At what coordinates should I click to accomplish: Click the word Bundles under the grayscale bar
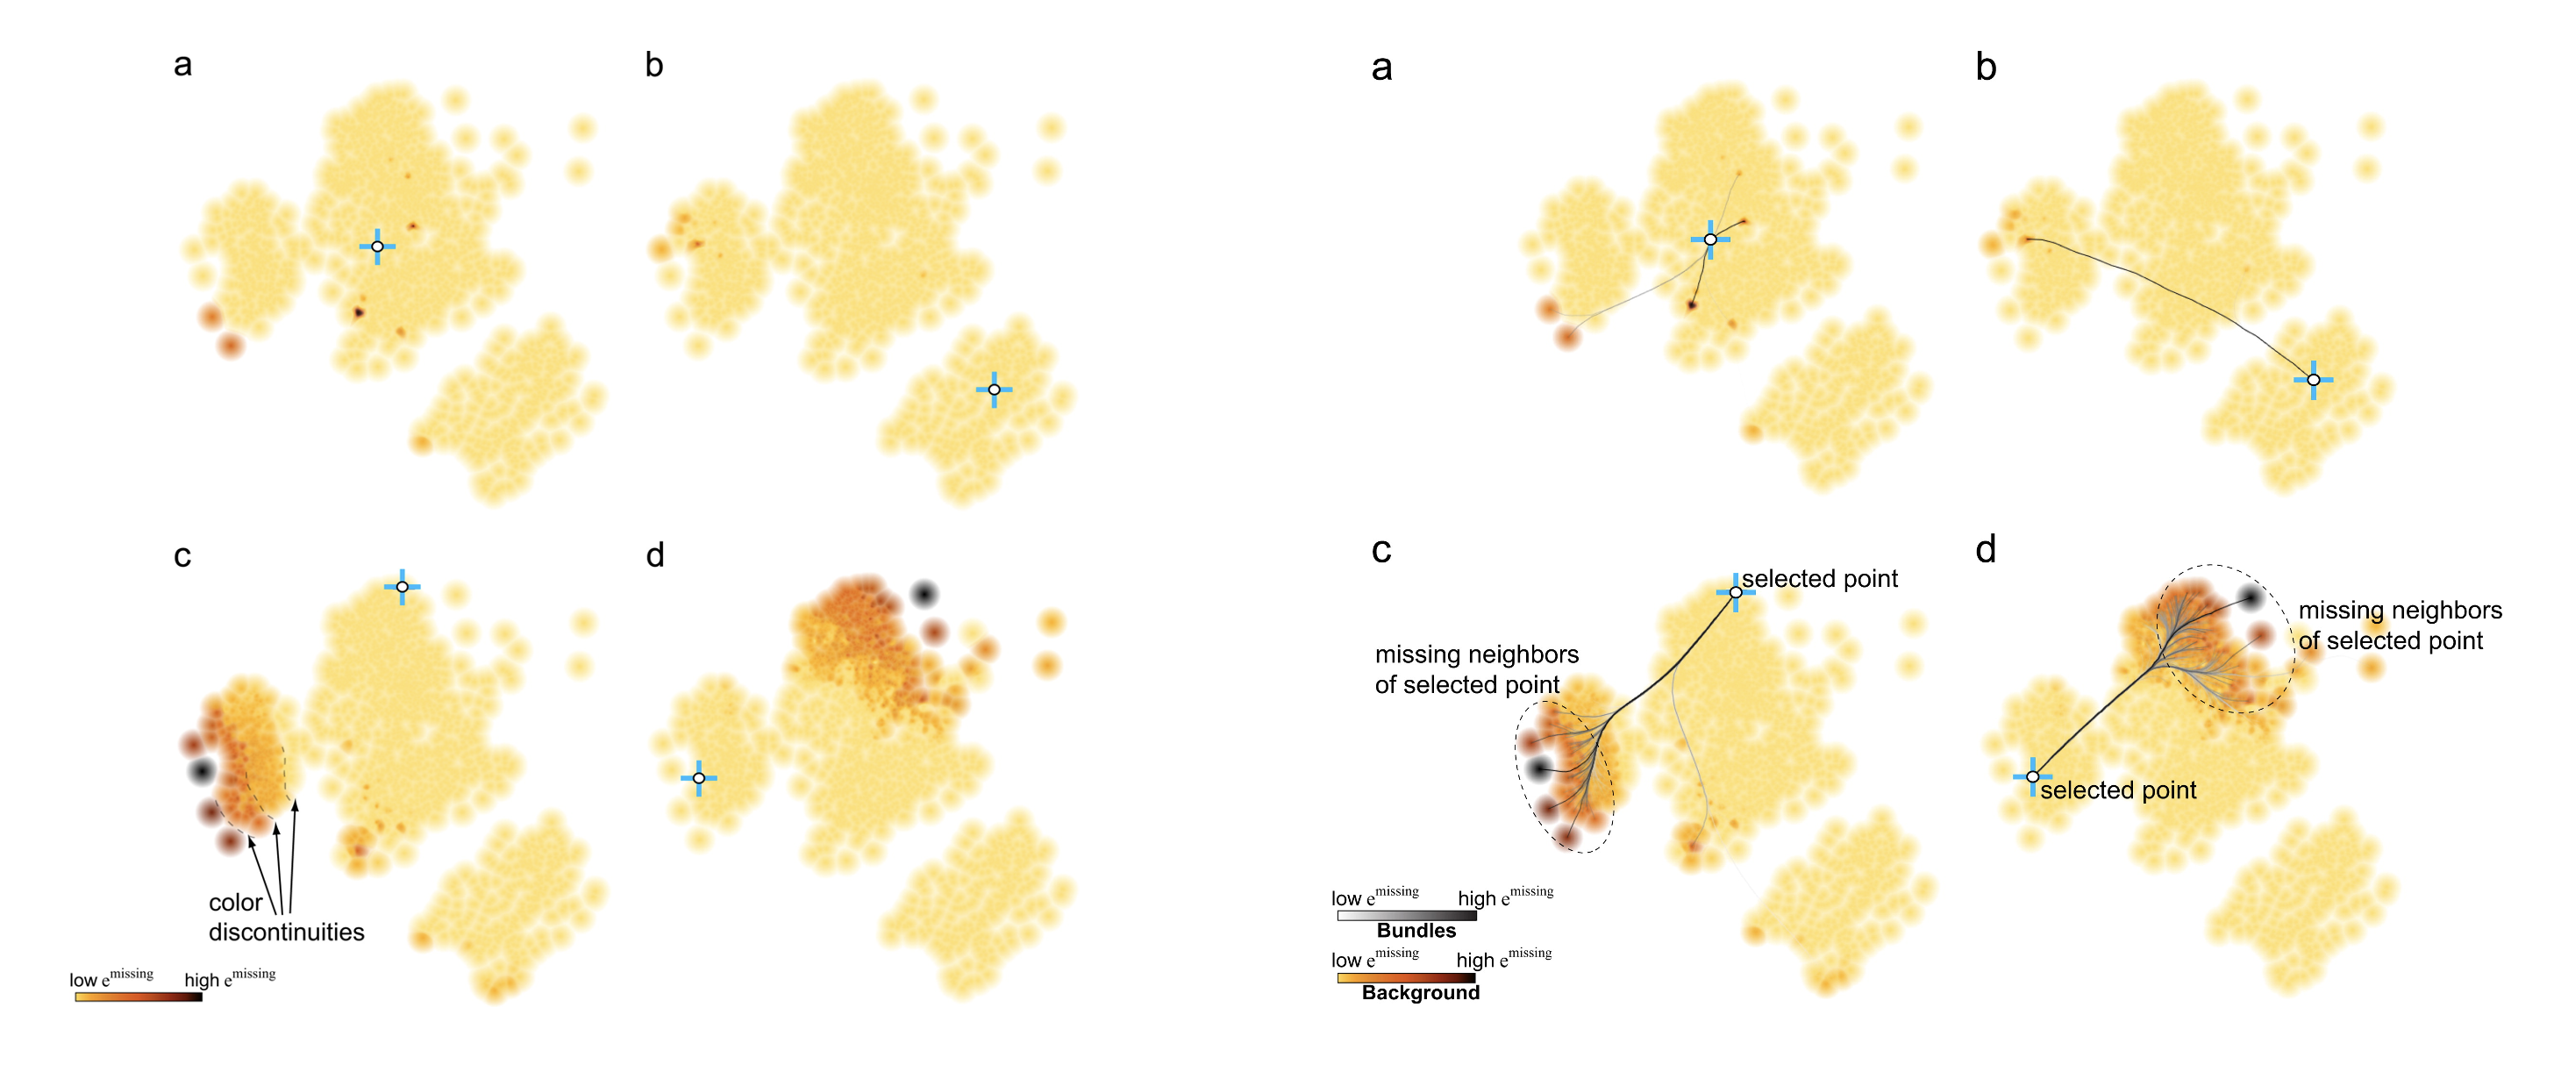(x=1416, y=931)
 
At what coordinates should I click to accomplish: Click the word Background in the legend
(x=1420, y=993)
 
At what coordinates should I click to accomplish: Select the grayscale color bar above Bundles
(x=1406, y=915)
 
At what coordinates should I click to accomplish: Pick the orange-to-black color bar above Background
(x=1406, y=978)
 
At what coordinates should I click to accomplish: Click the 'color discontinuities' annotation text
(x=286, y=918)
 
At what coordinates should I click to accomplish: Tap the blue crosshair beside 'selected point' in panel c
(x=1735, y=592)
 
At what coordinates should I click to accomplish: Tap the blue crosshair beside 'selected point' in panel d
(x=2032, y=776)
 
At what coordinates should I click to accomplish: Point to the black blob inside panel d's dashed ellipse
(x=2251, y=597)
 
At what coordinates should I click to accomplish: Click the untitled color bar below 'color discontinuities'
(x=139, y=997)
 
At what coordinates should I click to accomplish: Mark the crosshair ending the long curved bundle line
(x=2313, y=380)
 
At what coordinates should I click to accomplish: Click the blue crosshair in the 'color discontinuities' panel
(x=402, y=587)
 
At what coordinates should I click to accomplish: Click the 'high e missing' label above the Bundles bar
(x=1505, y=897)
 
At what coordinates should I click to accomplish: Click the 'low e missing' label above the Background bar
(x=1374, y=959)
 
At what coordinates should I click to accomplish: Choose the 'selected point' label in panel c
(x=1819, y=579)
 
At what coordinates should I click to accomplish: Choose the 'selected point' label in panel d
(x=2118, y=790)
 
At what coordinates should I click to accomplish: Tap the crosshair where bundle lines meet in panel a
(x=1710, y=239)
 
